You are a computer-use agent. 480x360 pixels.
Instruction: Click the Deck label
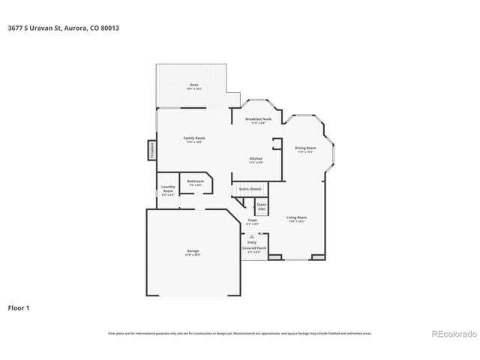pyautogui.click(x=193, y=85)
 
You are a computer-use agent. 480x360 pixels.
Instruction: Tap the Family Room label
pyautogui.click(x=195, y=139)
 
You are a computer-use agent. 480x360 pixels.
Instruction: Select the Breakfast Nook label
pyautogui.click(x=258, y=120)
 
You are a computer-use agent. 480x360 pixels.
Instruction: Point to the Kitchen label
pyautogui.click(x=256, y=159)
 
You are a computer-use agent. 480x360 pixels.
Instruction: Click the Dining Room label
pyautogui.click(x=304, y=148)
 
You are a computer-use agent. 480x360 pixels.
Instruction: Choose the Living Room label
pyautogui.click(x=297, y=217)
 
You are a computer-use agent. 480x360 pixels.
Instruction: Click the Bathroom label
pyautogui.click(x=196, y=181)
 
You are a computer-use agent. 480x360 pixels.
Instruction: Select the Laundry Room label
pyautogui.click(x=167, y=191)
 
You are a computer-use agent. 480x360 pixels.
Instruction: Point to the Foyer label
pyautogui.click(x=253, y=220)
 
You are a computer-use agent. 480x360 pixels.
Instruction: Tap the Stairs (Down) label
pyautogui.click(x=250, y=189)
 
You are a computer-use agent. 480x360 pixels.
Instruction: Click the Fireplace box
pyautogui.click(x=151, y=149)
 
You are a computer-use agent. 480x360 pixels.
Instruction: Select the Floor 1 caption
pyautogui.click(x=19, y=307)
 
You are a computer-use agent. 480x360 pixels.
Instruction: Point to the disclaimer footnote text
pyautogui.click(x=240, y=332)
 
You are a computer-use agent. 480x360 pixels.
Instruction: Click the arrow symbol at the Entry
pyautogui.click(x=252, y=235)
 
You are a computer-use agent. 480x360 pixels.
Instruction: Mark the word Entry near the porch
pyautogui.click(x=252, y=241)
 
